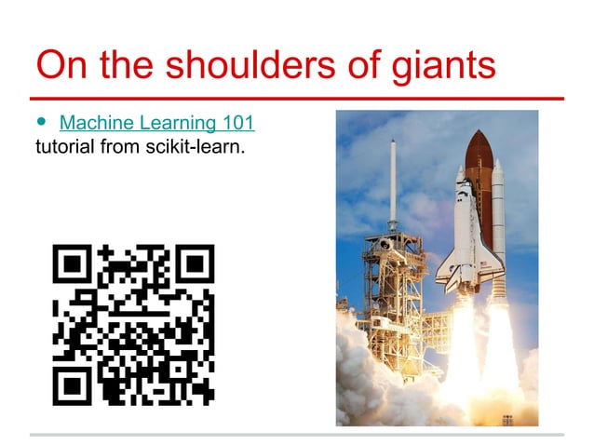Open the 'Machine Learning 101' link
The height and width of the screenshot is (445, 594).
156,123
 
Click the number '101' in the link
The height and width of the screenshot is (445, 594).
237,123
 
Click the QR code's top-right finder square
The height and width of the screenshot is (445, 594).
195,265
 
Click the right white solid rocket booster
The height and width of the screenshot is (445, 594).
498,233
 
